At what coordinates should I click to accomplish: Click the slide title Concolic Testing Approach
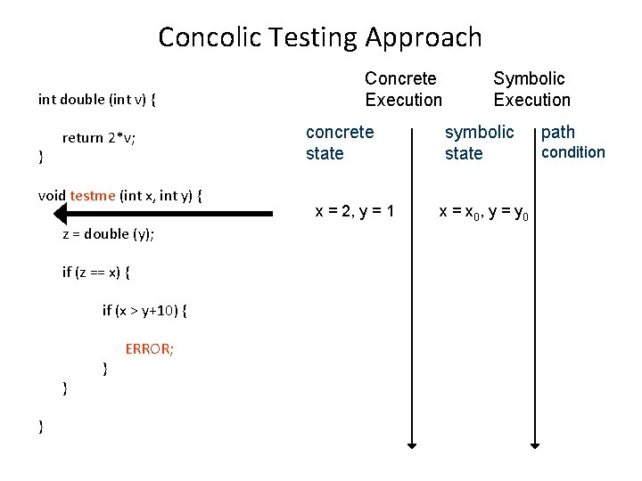click(320, 37)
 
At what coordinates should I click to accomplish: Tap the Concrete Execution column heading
click(403, 89)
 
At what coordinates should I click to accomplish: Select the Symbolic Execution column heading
click(531, 89)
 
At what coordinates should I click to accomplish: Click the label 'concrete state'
click(340, 143)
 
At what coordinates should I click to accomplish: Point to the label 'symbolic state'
click(479, 143)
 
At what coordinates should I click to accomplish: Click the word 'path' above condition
click(558, 133)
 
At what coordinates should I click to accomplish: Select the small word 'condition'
click(573, 151)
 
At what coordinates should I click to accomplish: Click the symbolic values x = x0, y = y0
click(484, 212)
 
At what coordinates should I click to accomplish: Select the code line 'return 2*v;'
click(99, 138)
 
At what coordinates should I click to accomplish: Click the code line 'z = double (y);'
click(108, 234)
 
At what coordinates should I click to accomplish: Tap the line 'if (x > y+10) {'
click(144, 310)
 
